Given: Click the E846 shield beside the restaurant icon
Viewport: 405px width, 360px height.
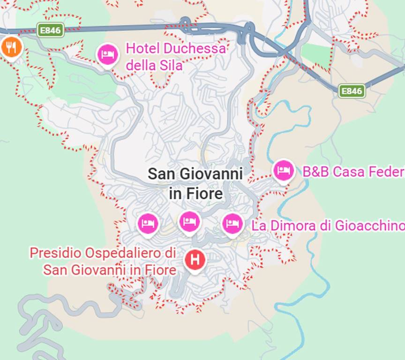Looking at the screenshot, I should click(50, 30).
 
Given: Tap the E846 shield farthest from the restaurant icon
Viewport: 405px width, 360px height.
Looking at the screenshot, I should click(352, 91).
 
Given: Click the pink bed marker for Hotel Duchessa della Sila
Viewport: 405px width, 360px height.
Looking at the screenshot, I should click(108, 55).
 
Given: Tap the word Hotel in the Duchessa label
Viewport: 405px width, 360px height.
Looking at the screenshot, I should click(142, 48).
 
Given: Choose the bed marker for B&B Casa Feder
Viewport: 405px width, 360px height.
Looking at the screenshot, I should click(284, 170).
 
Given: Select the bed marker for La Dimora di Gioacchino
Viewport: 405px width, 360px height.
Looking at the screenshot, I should click(232, 224).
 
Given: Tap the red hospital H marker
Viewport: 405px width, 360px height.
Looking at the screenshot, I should click(195, 259).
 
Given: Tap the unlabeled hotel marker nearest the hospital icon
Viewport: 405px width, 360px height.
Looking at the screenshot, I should click(189, 221).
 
